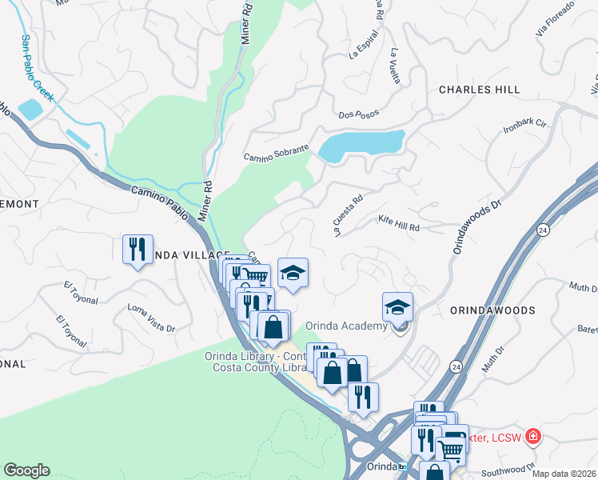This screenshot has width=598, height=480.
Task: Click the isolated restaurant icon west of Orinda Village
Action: point(138,249)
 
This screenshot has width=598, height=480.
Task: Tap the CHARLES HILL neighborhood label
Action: point(479,90)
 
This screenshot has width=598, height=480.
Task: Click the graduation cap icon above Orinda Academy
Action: point(397,307)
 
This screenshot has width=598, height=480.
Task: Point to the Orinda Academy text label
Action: point(346,326)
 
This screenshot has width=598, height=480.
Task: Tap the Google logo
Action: point(26,470)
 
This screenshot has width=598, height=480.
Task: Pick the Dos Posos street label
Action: point(357,115)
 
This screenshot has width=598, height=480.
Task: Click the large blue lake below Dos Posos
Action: point(361,144)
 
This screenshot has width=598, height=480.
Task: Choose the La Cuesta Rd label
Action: point(349,210)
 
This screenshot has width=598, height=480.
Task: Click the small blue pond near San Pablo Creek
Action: point(30,110)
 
